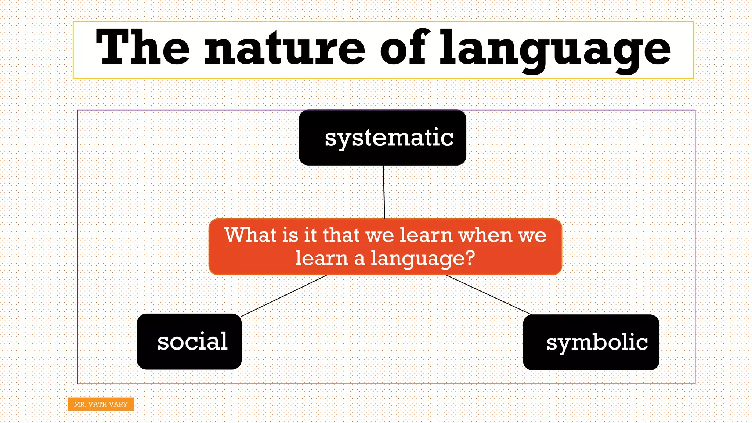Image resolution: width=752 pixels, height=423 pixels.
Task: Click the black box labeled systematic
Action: pyautogui.click(x=382, y=138)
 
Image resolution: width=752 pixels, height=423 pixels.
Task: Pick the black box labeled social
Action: pyautogui.click(x=189, y=341)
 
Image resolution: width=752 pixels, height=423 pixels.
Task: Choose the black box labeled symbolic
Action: pyautogui.click(x=591, y=342)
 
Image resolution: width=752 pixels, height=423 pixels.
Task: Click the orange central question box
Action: pyautogui.click(x=385, y=247)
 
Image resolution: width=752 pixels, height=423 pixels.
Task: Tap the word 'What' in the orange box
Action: pyautogui.click(x=250, y=235)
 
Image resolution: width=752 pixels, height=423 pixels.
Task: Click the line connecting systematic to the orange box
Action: pyautogui.click(x=384, y=192)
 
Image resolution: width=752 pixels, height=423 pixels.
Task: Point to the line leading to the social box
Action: pyautogui.click(x=284, y=296)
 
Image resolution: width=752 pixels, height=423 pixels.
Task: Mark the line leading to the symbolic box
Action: pyautogui.click(x=488, y=295)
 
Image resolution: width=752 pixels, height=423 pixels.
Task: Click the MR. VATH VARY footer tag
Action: pyautogui.click(x=101, y=404)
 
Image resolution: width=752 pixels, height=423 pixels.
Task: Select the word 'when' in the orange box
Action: pyautogui.click(x=485, y=235)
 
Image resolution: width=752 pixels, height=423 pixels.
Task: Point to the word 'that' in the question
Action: pyautogui.click(x=341, y=235)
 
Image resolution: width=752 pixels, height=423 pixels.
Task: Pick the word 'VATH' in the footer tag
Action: pyautogui.click(x=98, y=404)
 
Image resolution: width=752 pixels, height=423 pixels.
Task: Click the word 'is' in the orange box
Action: pyautogui.click(x=290, y=235)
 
